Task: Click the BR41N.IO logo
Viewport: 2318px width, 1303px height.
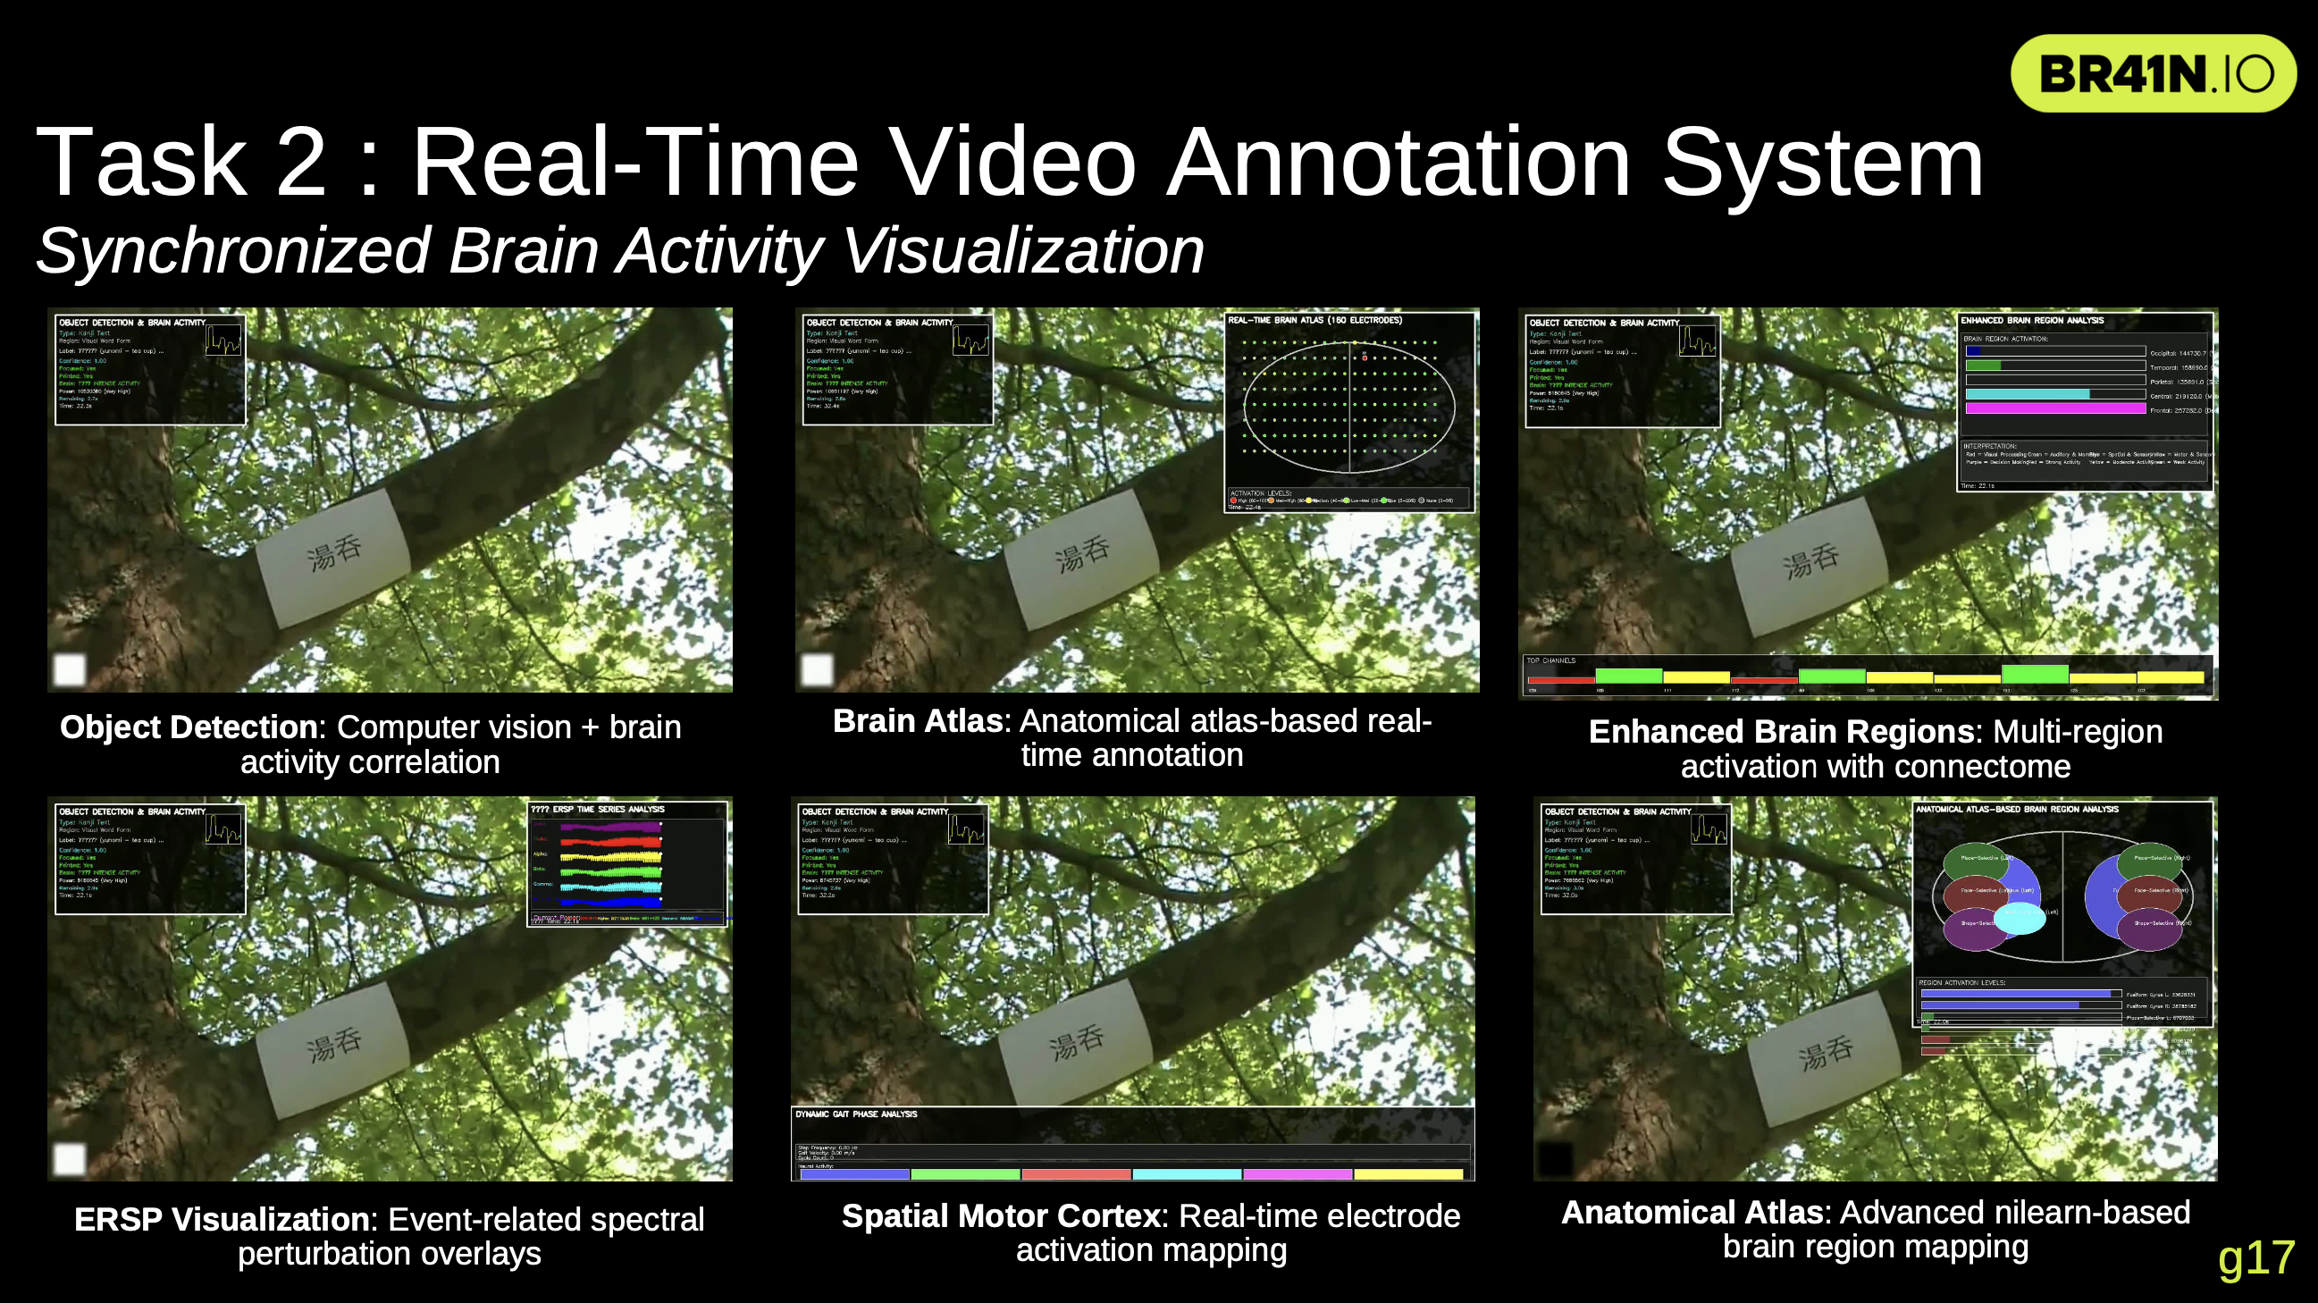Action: pos(2153,74)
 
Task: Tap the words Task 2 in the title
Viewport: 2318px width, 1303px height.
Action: pos(180,162)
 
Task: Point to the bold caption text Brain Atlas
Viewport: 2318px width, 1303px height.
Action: pos(917,721)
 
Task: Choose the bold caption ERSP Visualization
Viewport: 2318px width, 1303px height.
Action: pos(223,1219)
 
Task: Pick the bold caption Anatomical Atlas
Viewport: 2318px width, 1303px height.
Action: pos(1692,1212)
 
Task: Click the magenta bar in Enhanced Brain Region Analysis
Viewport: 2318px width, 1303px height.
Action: pos(2055,408)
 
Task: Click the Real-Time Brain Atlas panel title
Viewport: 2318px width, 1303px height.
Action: pos(1314,320)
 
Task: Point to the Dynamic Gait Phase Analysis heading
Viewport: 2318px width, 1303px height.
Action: pos(856,1114)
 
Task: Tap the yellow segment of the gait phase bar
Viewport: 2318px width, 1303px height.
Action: pos(1408,1174)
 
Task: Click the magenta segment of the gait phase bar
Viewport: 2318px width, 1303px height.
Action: pos(1298,1174)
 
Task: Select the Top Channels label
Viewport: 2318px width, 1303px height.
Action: pos(1550,660)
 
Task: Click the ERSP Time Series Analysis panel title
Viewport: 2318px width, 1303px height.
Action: pos(598,809)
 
